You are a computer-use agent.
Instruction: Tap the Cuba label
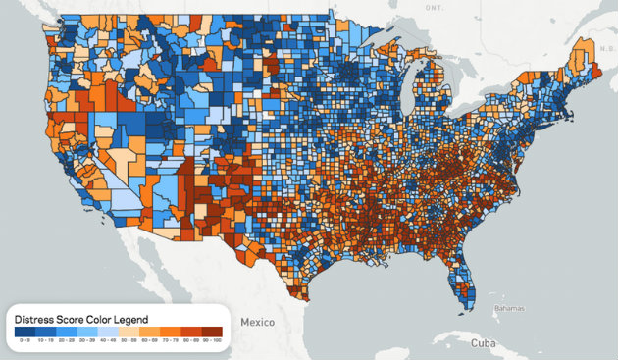(480, 343)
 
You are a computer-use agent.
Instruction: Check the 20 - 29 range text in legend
(66, 340)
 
